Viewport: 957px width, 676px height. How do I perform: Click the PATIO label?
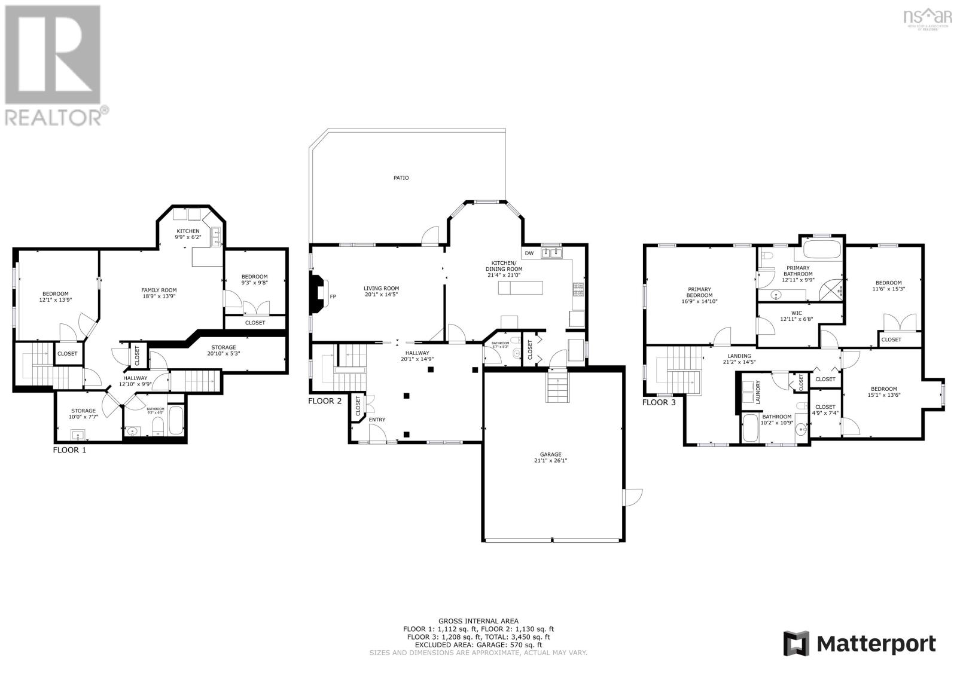[401, 178]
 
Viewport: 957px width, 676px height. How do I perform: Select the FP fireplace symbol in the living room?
[333, 296]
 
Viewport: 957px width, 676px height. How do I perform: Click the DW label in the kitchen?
[529, 253]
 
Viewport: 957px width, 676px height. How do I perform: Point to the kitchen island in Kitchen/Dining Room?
[522, 288]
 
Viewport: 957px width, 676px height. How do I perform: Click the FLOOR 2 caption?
[325, 401]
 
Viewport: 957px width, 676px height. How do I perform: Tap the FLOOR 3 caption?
[659, 402]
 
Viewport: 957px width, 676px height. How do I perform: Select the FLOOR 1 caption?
[69, 449]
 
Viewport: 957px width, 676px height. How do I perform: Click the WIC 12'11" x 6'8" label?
[796, 316]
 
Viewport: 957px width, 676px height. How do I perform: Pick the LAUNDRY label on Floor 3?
[758, 393]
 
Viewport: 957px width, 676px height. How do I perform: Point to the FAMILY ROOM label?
[159, 293]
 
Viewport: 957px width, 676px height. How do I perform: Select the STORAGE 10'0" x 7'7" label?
[83, 414]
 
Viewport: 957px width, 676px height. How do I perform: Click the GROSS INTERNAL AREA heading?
[478, 621]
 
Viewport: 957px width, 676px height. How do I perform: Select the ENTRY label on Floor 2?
[377, 420]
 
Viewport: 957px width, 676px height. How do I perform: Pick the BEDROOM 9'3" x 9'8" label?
[254, 279]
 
